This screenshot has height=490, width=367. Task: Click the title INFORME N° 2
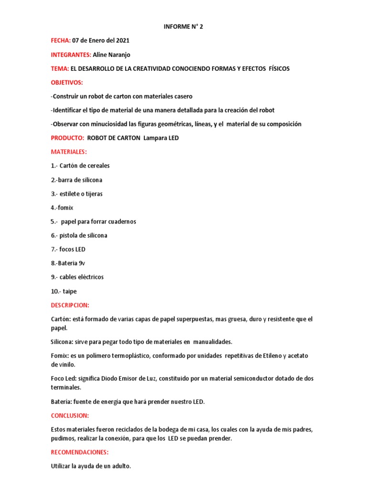click(x=183, y=26)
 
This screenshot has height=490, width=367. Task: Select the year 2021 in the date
click(x=121, y=40)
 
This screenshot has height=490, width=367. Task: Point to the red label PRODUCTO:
click(x=67, y=138)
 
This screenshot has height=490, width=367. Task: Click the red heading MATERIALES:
click(x=69, y=152)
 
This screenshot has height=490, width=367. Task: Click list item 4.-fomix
click(x=62, y=208)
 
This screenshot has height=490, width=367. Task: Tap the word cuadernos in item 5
click(x=121, y=222)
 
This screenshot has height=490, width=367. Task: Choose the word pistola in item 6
click(x=70, y=235)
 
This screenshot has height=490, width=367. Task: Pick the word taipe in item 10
click(x=69, y=291)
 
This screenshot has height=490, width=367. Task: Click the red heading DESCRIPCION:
click(x=70, y=305)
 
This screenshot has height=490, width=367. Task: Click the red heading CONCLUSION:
click(x=70, y=415)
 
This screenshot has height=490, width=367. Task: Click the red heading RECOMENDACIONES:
click(x=80, y=452)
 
